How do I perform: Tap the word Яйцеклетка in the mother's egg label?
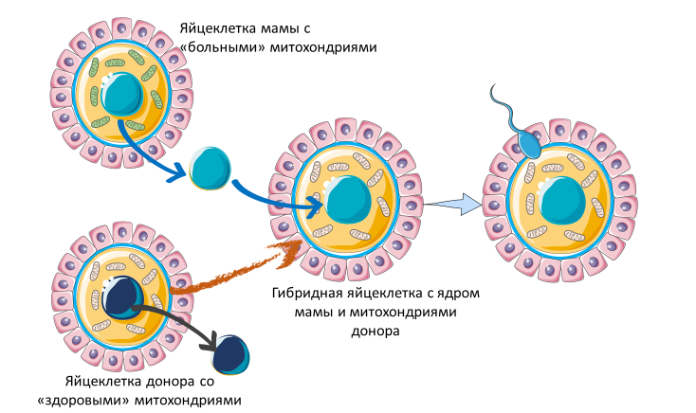216,28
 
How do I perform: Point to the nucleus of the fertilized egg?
563,205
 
